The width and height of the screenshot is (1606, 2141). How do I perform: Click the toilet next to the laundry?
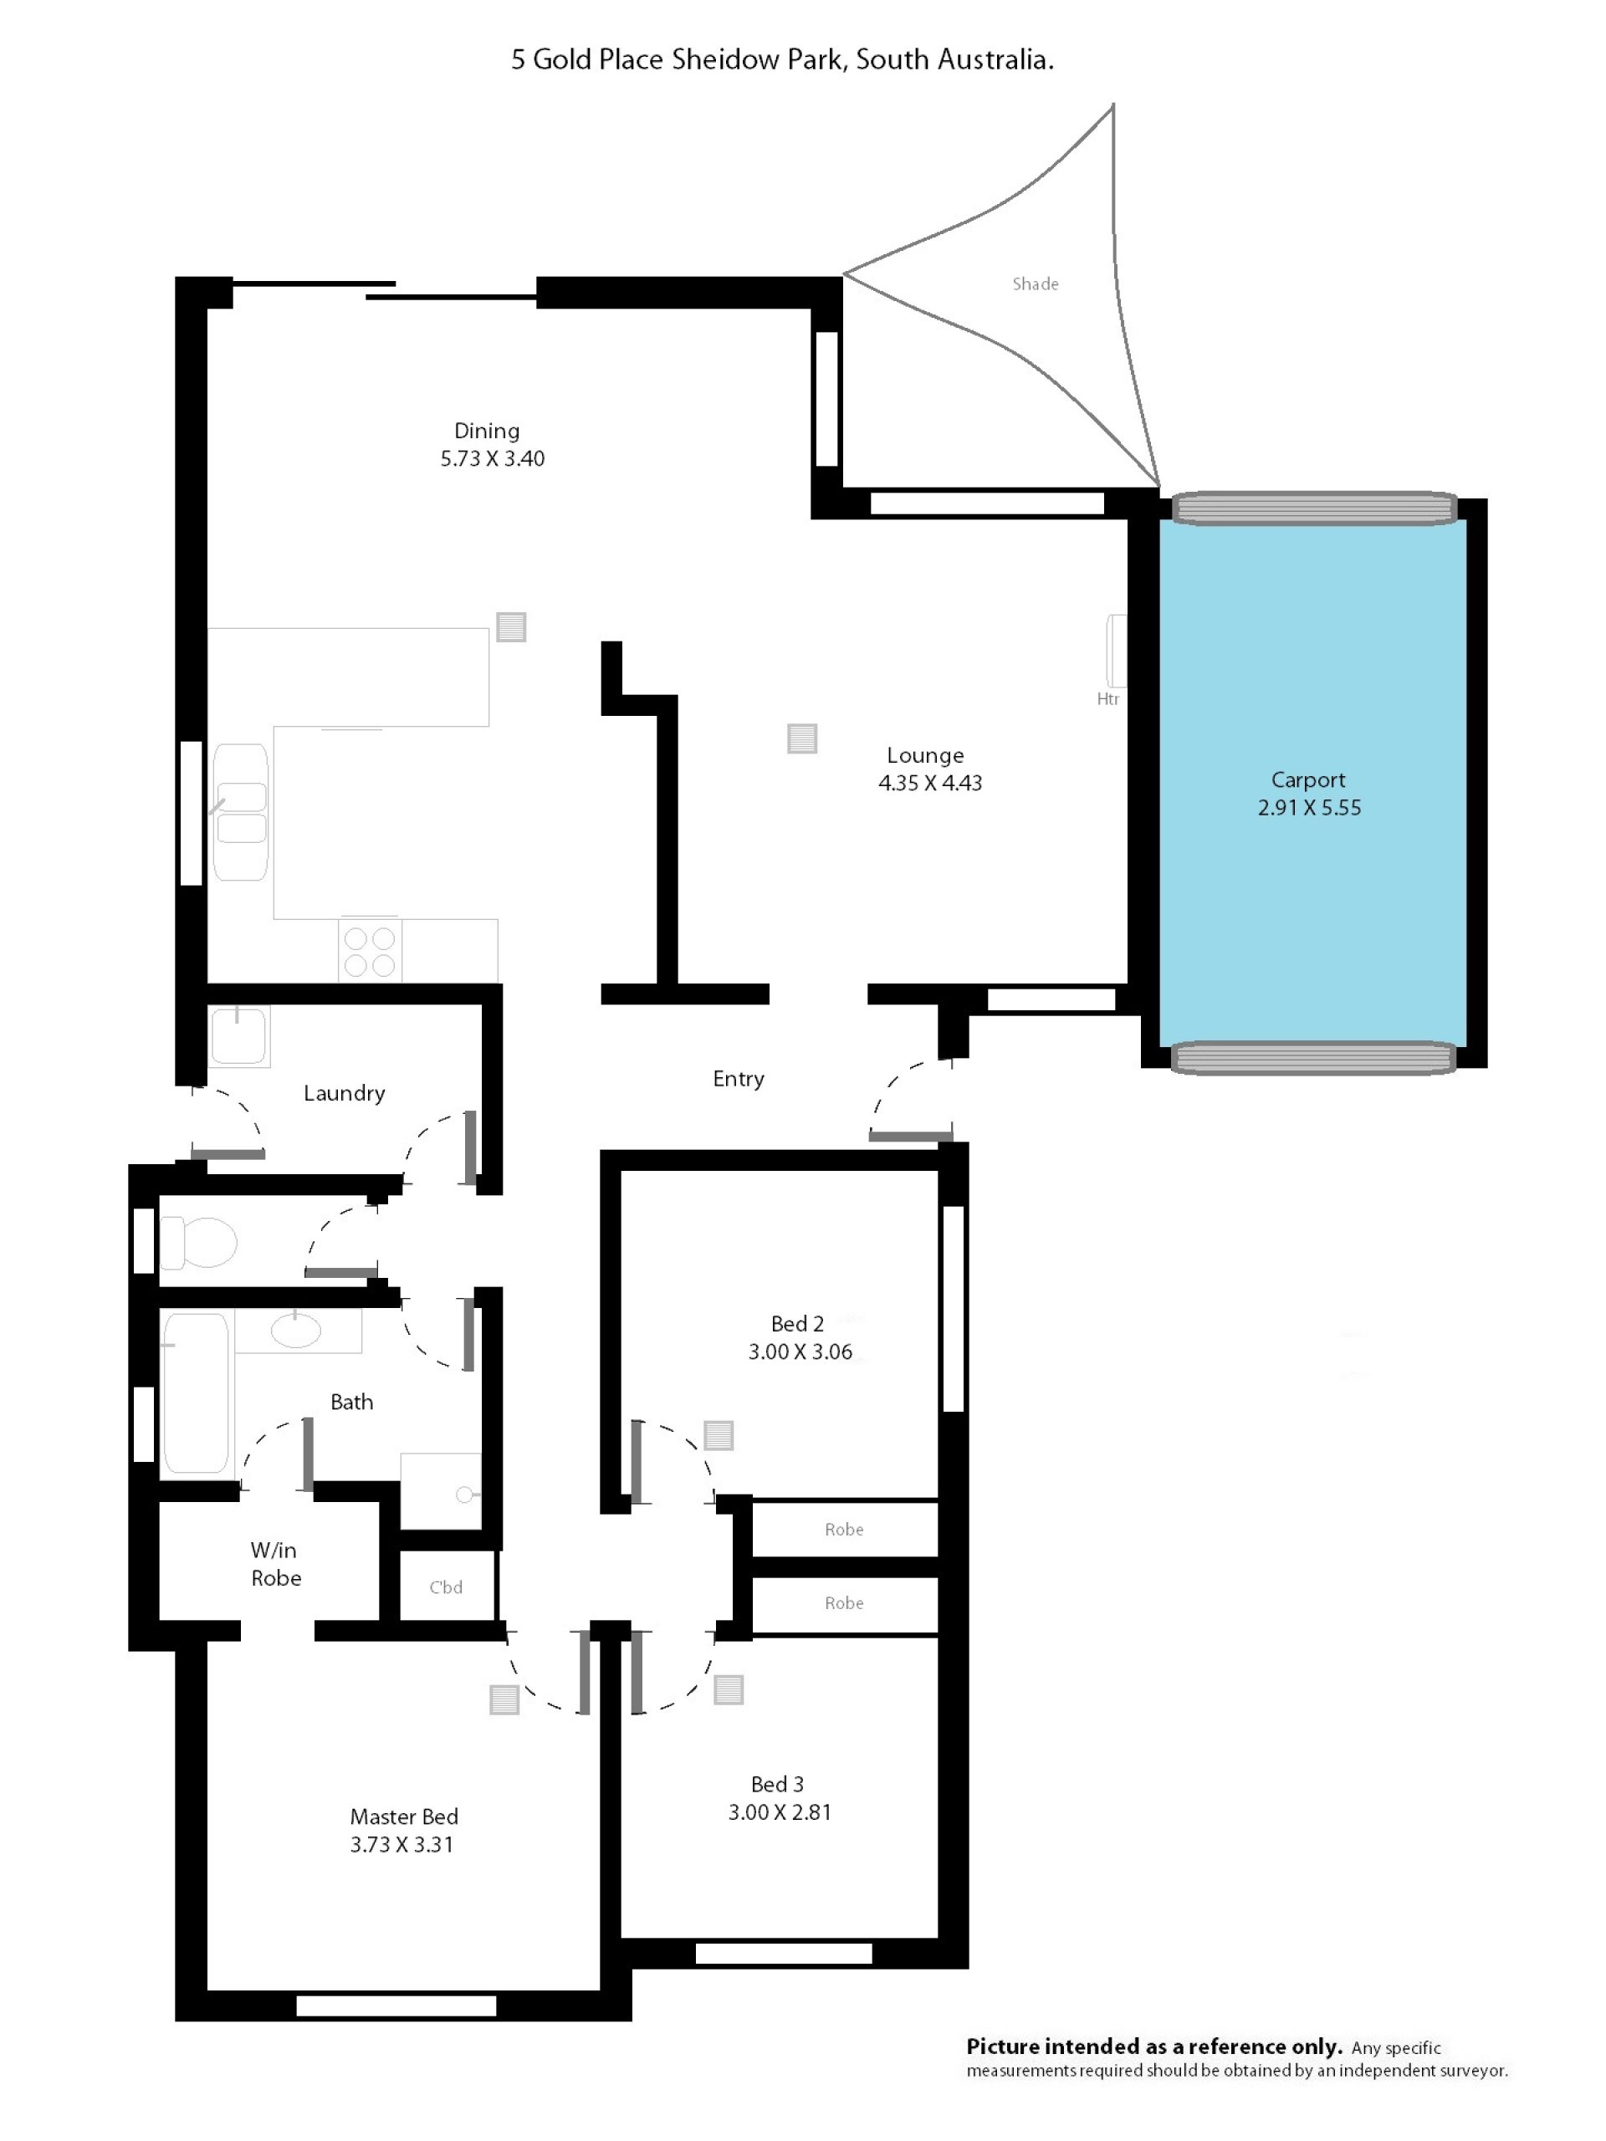(199, 1242)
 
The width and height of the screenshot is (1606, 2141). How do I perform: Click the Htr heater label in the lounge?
(1107, 699)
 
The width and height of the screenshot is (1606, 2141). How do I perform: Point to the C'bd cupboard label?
(447, 1587)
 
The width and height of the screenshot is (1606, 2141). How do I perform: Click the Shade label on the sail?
(1035, 284)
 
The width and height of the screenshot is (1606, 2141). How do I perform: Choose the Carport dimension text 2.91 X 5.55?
(1309, 807)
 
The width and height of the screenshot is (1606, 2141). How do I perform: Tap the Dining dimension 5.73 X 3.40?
(493, 459)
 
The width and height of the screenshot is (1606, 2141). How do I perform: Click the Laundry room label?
(345, 1093)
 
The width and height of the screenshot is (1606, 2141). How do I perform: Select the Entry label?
(739, 1078)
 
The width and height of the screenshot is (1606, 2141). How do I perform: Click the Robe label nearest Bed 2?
(844, 1530)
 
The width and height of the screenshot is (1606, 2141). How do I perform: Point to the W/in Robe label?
(276, 1564)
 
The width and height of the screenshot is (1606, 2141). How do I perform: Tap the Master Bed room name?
(404, 1817)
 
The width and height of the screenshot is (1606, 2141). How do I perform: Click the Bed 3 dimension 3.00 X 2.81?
(780, 1812)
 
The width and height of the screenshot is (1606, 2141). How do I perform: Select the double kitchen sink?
(241, 812)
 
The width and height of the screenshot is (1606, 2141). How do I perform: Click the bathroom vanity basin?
(296, 1330)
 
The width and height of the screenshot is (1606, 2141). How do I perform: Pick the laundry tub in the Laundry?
(239, 1035)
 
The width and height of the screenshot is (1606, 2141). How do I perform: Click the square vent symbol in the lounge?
(801, 738)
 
